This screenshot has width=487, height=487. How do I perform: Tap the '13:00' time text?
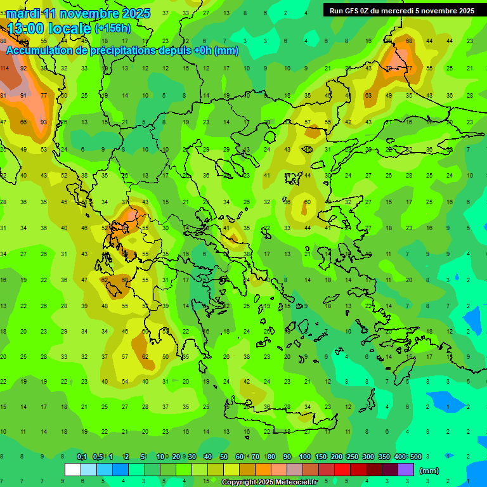tap(25, 29)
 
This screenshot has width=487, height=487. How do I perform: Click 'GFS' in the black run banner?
tap(354, 11)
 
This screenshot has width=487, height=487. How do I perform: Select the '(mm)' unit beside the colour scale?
tap(429, 471)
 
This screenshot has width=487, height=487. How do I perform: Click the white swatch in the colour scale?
tap(73, 470)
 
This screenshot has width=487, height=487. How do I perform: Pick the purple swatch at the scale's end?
tap(406, 470)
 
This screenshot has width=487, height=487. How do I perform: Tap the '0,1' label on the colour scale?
tap(82, 457)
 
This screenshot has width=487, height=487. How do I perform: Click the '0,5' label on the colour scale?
tap(98, 457)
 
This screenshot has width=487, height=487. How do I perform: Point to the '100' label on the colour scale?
tap(305, 457)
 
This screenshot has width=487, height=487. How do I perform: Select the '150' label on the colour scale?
tap(321, 457)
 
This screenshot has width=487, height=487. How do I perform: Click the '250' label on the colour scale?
tap(353, 457)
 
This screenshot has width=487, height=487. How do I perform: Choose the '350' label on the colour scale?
tap(384, 457)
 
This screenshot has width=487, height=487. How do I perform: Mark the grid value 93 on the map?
tap(44, 122)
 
